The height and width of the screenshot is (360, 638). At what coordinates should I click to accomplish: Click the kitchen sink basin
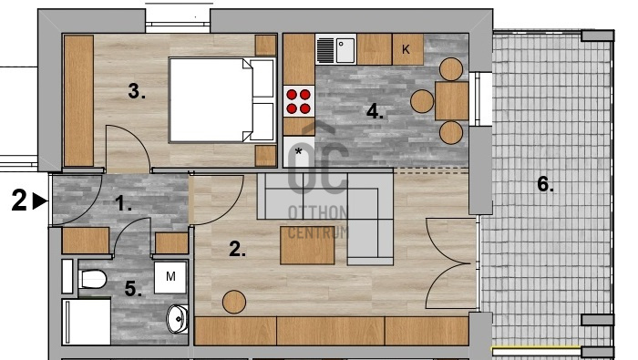coord(345,50)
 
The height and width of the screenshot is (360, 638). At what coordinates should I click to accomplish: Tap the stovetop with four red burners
coord(299,101)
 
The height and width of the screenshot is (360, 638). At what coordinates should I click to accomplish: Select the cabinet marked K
coord(407,49)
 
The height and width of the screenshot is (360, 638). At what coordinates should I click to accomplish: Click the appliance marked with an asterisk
coord(299,151)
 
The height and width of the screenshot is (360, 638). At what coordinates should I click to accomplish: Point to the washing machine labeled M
coord(170,277)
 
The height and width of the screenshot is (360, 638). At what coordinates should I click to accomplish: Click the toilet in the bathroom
coord(92,279)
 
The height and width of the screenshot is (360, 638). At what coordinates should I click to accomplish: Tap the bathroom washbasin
coord(178,319)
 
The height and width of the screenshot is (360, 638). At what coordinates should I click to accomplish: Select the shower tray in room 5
coord(87,322)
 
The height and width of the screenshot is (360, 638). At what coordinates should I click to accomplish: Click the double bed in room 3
coord(222,100)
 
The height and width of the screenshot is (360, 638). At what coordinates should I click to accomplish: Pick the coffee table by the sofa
coord(308,245)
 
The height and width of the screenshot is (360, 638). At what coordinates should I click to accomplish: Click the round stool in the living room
coord(234,302)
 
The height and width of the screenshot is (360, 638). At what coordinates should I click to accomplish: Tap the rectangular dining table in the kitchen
coord(452,101)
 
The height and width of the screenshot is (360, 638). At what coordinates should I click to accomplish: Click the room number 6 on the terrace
coord(545,184)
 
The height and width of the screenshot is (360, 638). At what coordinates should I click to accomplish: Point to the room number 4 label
coord(375,111)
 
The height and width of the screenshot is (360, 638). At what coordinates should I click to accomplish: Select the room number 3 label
coord(137,91)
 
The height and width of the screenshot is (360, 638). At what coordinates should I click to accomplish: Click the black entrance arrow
coord(40,201)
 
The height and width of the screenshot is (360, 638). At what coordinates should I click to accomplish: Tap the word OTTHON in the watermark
coord(318,212)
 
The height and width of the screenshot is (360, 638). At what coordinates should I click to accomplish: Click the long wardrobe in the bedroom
coord(79,100)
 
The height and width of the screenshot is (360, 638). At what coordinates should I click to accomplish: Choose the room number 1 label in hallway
coord(123,203)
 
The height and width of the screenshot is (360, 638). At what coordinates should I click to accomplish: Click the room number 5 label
coord(133,289)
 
